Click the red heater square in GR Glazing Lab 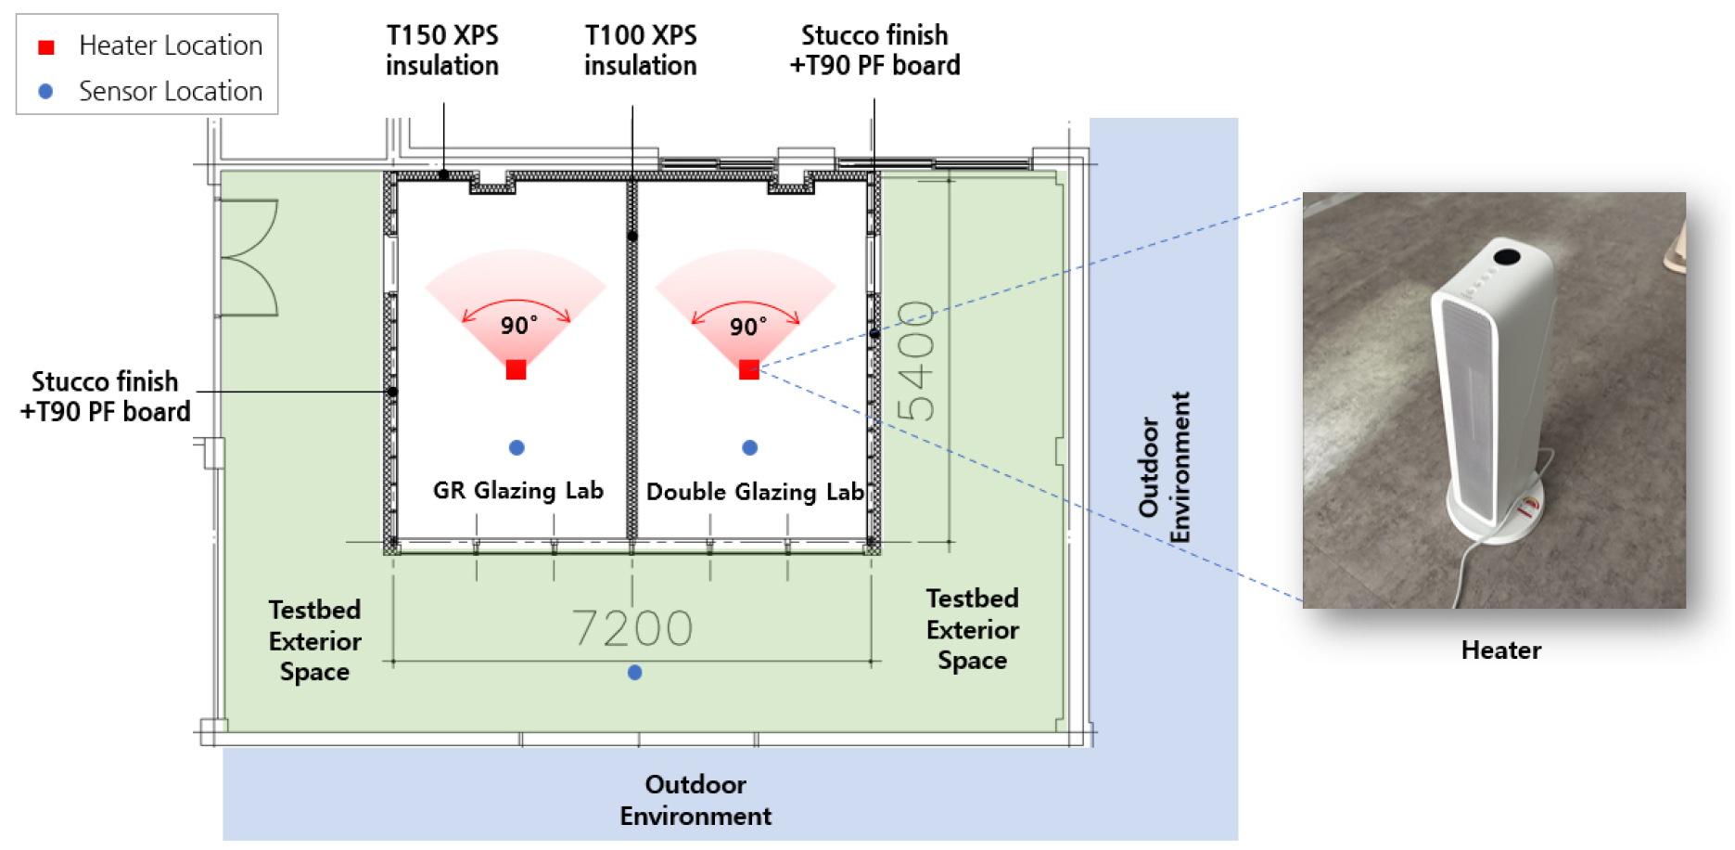point(517,369)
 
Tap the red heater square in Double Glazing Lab point(749,369)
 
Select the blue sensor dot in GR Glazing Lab point(517,448)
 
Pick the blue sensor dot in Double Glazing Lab point(750,448)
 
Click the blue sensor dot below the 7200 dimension point(635,673)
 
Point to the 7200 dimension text point(632,628)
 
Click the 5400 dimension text point(916,361)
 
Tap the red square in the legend point(46,46)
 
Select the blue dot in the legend point(45,91)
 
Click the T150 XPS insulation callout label point(442,50)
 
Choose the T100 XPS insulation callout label point(641,50)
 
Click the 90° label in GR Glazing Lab point(519,326)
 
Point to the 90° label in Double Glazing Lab point(748,327)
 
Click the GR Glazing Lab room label point(518,490)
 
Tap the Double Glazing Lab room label point(755,492)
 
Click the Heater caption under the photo point(1501,650)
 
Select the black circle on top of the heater point(1507,256)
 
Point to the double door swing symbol point(249,258)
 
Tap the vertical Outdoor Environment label point(1165,468)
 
